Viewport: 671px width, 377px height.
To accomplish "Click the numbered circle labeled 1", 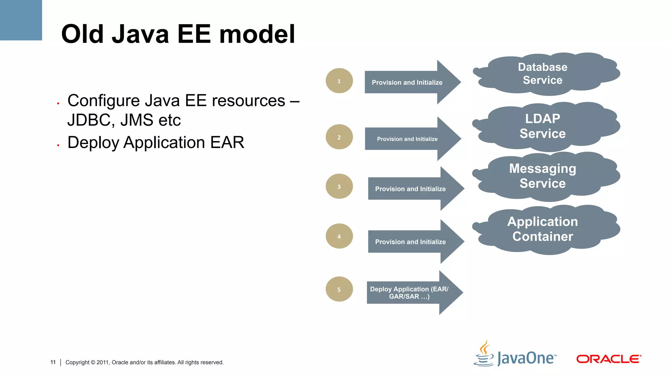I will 339,81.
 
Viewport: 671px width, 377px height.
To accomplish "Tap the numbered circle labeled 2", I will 339,137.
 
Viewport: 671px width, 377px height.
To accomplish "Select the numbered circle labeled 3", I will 339,187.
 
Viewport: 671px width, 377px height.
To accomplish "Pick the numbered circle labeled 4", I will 339,236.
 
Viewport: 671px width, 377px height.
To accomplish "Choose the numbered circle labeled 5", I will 339,289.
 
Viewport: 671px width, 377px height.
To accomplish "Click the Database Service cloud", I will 546,74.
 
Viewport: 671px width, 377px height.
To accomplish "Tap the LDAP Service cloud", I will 546,126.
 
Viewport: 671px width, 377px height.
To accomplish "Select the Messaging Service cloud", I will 546,176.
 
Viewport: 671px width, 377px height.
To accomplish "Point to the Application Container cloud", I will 546,229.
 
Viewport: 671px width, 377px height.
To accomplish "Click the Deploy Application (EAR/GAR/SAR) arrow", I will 413,293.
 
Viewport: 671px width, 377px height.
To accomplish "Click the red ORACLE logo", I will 608,359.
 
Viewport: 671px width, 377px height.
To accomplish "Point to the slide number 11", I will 53,362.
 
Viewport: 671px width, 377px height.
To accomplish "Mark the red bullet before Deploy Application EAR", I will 58,145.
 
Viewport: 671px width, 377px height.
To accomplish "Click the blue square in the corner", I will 21,20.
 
